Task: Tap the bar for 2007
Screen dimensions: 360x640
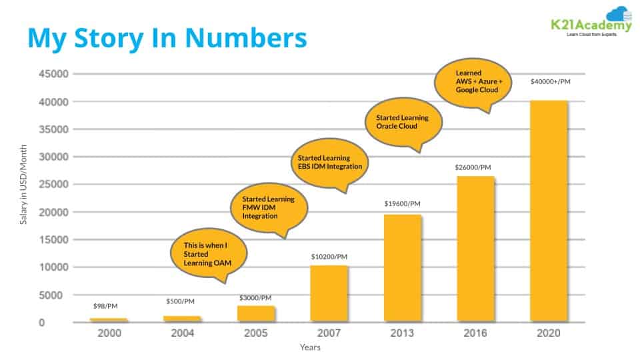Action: click(329, 294)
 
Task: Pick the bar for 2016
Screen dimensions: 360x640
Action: click(475, 249)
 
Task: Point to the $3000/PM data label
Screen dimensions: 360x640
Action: click(255, 297)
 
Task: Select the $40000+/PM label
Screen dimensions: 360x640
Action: click(550, 81)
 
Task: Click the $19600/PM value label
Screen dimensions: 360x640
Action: click(403, 203)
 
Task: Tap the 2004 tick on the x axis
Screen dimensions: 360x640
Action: click(182, 333)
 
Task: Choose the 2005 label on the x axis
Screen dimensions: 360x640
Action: click(255, 333)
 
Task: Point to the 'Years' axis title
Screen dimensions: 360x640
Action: click(309, 347)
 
